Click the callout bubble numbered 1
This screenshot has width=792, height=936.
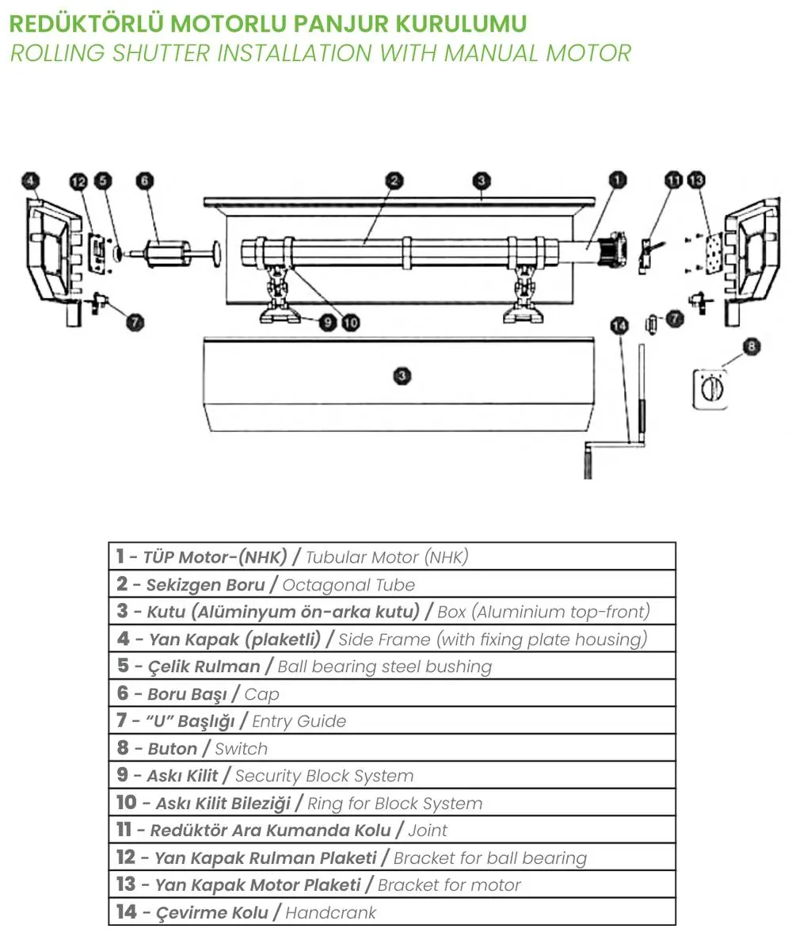tap(617, 180)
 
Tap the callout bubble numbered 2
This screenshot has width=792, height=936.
tap(394, 180)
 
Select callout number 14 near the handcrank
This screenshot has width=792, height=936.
tap(619, 325)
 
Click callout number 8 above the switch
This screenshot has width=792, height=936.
tap(752, 346)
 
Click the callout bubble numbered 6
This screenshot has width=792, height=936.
tap(145, 180)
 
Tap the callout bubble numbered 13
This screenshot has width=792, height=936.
tap(697, 180)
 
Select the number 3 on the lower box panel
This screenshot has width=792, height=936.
tap(402, 376)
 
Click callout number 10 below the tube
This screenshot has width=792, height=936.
tap(351, 323)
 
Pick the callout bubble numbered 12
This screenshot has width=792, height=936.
tap(78, 181)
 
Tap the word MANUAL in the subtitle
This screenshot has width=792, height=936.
tap(491, 53)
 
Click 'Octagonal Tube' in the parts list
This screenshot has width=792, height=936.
tap(348, 585)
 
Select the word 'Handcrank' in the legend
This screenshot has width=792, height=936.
tap(330, 913)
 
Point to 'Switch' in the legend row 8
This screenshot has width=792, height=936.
tap(241, 748)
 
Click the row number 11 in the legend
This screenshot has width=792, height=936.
tap(124, 830)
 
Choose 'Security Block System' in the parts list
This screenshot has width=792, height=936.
tap(324, 776)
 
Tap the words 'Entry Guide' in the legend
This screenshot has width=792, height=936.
tap(299, 721)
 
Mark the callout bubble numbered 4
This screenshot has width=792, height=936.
tap(30, 180)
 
